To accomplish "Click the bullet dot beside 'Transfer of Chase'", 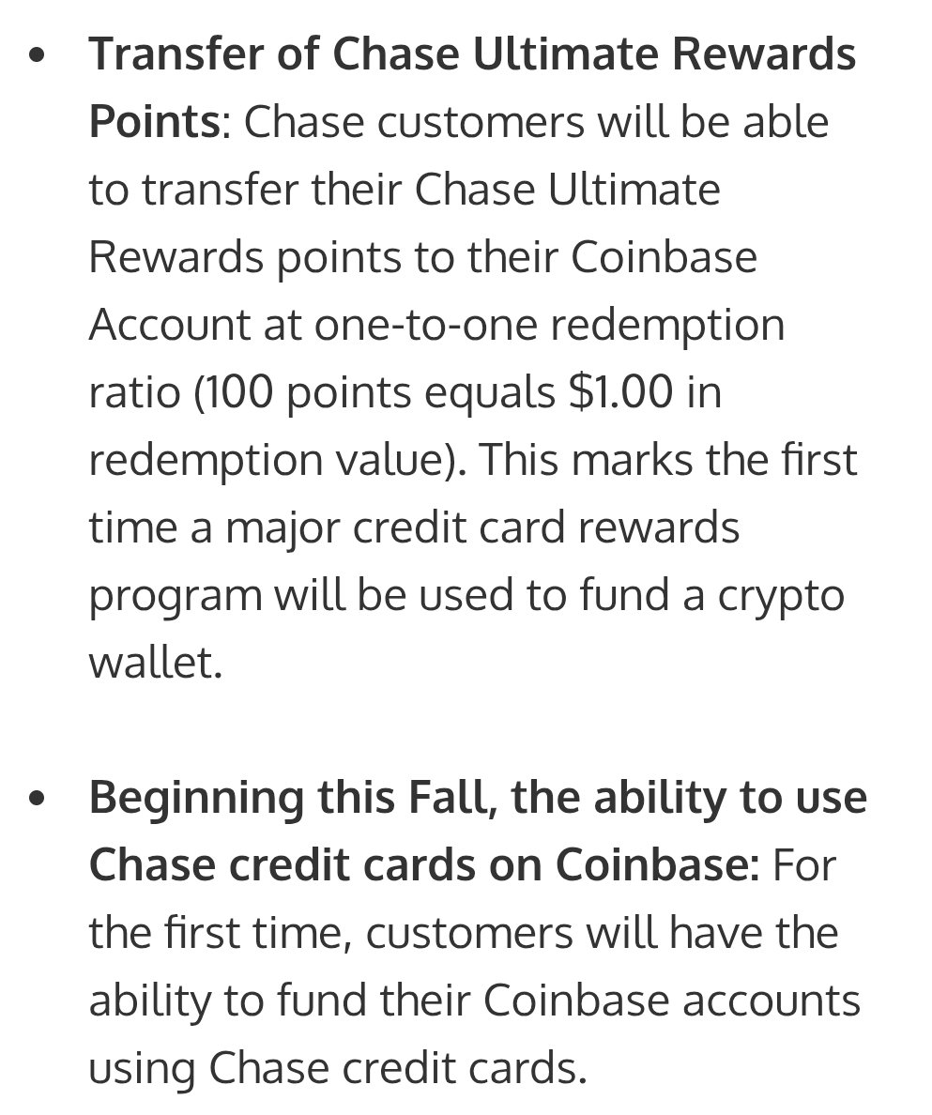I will pos(38,57).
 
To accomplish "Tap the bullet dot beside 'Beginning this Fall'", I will pos(38,801).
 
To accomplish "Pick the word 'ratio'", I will pos(133,392).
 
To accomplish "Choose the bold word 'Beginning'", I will pos(196,799).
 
